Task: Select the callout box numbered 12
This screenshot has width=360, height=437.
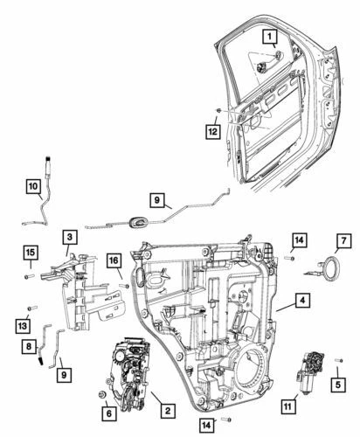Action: tap(213, 132)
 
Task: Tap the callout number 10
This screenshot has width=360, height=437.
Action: tap(31, 187)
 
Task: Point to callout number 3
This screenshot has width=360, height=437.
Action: tap(67, 237)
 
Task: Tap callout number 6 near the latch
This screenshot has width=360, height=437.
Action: tap(108, 414)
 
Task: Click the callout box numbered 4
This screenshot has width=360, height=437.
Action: tap(300, 301)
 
